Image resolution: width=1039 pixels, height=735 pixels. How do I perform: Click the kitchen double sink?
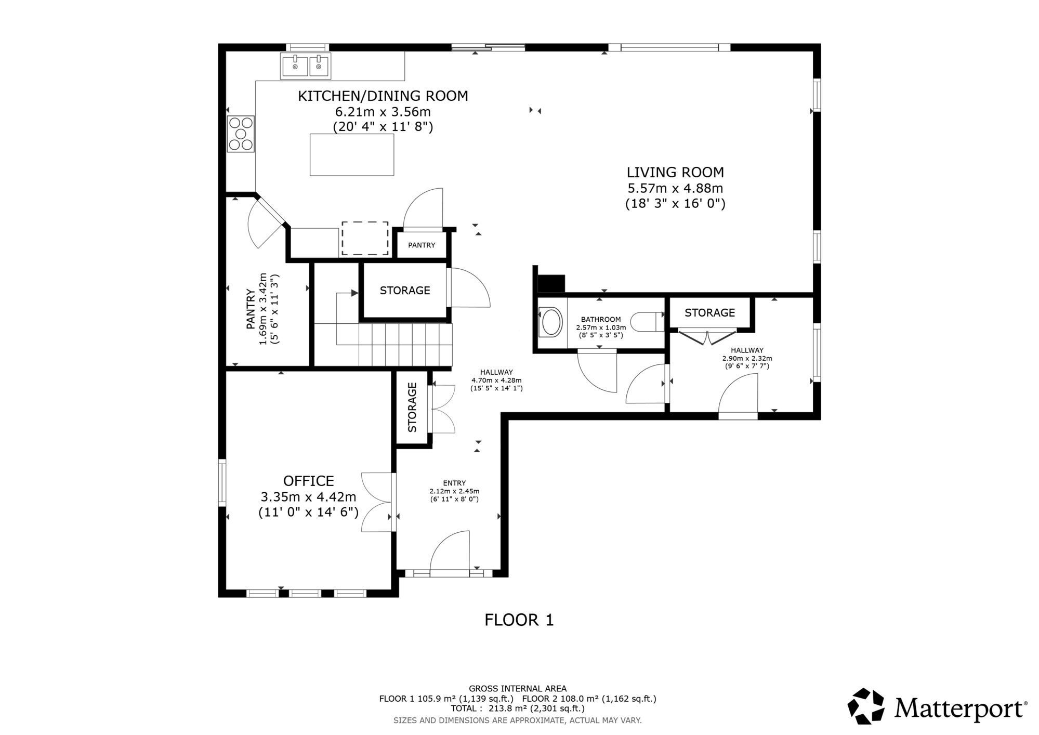pos(305,66)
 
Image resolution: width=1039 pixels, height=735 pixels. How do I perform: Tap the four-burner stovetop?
pos(241,134)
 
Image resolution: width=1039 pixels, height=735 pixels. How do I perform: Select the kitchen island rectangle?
pos(352,154)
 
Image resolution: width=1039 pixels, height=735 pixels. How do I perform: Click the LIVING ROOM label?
pos(675,172)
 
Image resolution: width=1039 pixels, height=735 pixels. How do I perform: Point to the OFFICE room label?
pos(308,481)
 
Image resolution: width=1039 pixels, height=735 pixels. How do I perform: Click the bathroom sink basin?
pos(551,322)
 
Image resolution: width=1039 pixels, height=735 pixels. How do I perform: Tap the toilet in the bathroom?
pos(648,321)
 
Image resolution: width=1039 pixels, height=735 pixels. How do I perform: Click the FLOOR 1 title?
pos(519,620)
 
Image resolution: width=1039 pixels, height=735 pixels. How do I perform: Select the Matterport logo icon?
pos(866,706)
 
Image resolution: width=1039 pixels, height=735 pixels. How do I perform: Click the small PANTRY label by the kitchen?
pos(422,245)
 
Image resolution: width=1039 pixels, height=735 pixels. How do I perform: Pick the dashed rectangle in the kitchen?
pos(365,239)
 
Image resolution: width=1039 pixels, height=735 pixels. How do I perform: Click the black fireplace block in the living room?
pos(551,283)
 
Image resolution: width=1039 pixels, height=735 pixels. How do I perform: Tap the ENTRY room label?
pos(454,483)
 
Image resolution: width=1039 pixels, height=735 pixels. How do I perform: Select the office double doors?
pos(376,502)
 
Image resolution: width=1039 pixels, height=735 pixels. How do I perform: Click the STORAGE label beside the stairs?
pos(405,291)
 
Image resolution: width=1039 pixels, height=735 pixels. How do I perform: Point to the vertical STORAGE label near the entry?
pos(413,408)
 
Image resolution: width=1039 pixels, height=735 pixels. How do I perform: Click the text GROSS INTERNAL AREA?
pos(518,689)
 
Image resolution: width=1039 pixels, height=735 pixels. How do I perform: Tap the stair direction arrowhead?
pos(355,293)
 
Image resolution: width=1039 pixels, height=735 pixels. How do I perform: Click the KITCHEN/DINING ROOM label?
pos(383,96)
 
